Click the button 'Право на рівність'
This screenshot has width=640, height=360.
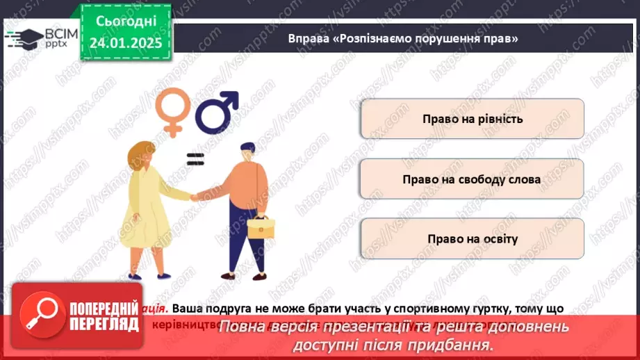tap(472, 119)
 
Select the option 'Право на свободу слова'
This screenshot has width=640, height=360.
tap(472, 179)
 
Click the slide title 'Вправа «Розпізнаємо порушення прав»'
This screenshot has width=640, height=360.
tap(403, 38)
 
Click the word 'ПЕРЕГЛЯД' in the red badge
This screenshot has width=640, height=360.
tap(103, 324)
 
